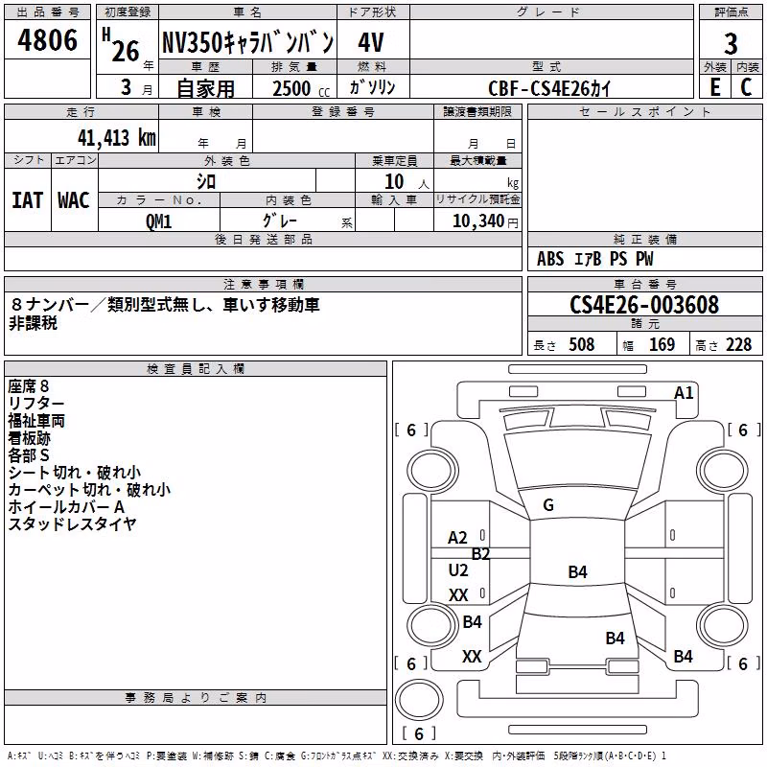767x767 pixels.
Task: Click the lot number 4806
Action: coord(47,40)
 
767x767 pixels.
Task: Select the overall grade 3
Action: coord(731,43)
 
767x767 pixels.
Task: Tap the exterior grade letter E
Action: coord(714,87)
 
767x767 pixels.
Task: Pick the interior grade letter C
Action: coord(746,87)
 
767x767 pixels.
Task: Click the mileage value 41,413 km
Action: coord(116,138)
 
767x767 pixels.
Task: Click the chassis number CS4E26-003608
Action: coord(644,305)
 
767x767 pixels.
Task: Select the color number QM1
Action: coord(158,221)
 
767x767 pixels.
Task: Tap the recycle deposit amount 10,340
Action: coord(478,221)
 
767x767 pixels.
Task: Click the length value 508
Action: coord(582,344)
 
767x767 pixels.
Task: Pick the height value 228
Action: coord(738,344)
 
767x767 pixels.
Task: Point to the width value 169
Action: coord(662,344)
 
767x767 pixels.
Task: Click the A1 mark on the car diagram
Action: coord(684,393)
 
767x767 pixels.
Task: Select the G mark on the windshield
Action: coord(548,505)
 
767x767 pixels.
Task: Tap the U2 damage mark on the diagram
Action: coord(458,569)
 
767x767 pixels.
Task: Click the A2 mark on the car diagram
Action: coord(458,538)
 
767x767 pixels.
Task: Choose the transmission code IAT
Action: coord(28,200)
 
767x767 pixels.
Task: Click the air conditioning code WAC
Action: coord(74,200)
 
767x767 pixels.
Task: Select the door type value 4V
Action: coord(371,42)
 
